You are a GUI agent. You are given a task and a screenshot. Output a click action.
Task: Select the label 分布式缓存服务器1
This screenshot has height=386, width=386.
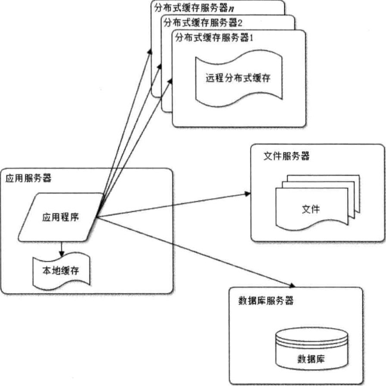click(x=214, y=38)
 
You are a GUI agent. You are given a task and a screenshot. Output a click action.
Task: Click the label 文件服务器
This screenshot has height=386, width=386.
click(x=286, y=156)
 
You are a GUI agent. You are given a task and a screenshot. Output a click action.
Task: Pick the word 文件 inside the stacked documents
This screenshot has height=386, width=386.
click(x=311, y=209)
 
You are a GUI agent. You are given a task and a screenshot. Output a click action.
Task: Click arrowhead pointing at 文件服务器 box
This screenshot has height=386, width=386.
click(x=247, y=194)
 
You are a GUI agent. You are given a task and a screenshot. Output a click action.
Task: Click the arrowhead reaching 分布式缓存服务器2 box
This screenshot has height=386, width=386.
click(x=160, y=65)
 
